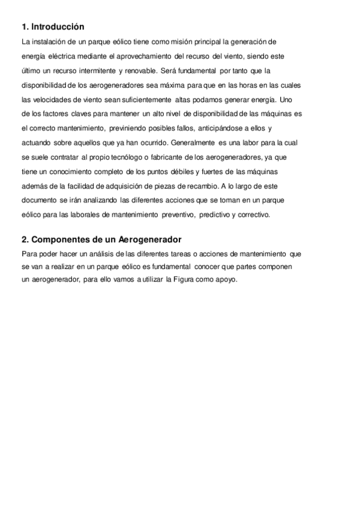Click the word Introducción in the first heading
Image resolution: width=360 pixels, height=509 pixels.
[58, 27]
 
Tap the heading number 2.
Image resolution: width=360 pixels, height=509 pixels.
[24, 239]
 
